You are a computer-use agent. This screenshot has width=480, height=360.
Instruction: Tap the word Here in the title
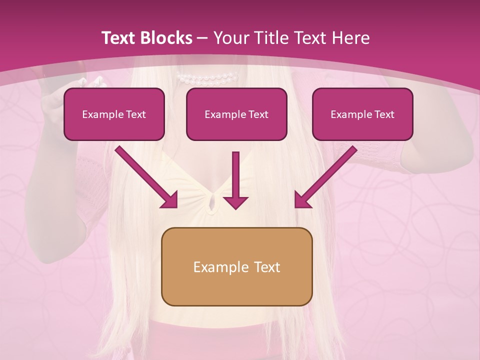click(x=350, y=38)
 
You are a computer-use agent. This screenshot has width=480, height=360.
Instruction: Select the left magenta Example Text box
click(x=114, y=114)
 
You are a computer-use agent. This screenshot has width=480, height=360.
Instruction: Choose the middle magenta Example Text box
click(x=236, y=114)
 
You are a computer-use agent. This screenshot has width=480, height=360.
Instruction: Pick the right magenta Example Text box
click(x=362, y=114)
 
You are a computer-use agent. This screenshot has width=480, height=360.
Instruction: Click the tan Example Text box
click(x=236, y=266)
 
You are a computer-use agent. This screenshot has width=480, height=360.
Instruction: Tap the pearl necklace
click(x=207, y=78)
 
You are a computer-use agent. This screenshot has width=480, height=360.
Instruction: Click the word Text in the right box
click(x=383, y=114)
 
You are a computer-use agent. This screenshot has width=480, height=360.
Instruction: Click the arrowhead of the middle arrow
click(x=235, y=201)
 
